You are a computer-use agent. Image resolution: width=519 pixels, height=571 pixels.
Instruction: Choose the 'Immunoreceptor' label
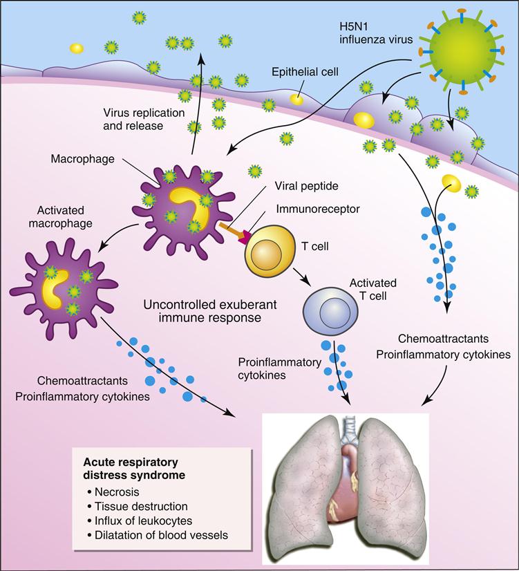309,207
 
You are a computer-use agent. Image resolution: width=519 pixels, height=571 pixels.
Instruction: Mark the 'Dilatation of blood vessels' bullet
158,534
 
